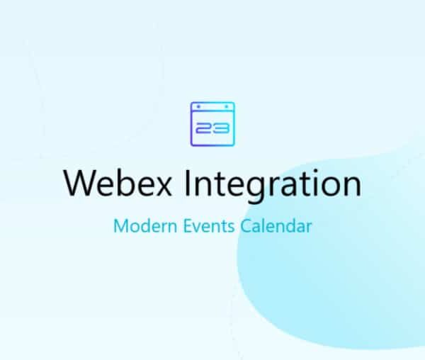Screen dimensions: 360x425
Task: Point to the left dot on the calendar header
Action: [198, 107]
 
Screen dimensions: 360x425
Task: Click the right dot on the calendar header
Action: [227, 107]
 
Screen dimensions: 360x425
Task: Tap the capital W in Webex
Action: [78, 183]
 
